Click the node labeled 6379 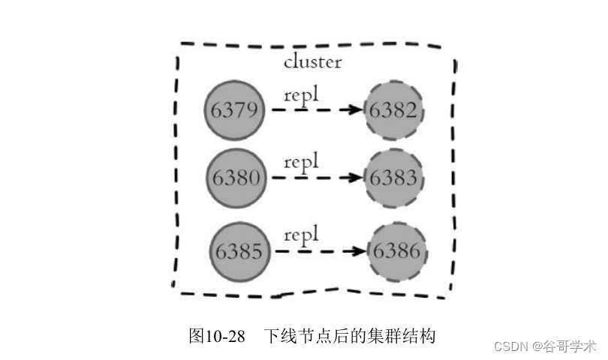[235, 110]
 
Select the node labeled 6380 [236, 178]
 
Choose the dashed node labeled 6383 [393, 178]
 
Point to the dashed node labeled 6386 [398, 251]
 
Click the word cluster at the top [312, 61]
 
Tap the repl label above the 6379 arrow [302, 95]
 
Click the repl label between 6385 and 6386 [302, 235]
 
